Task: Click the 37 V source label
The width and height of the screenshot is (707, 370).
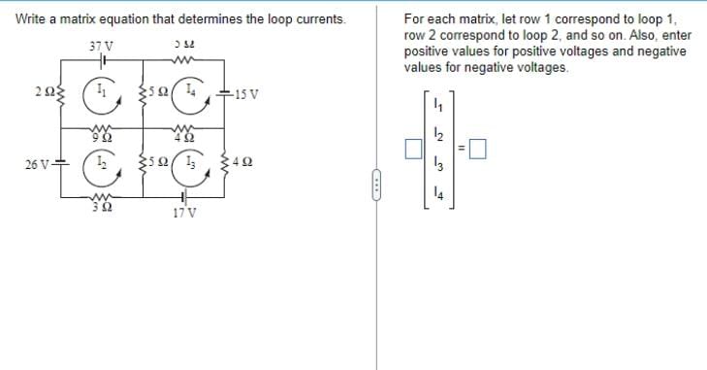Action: (100, 46)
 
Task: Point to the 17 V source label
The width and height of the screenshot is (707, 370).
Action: (184, 213)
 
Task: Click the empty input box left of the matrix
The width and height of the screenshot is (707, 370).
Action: (414, 150)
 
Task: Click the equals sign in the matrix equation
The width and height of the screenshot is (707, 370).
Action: (462, 150)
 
